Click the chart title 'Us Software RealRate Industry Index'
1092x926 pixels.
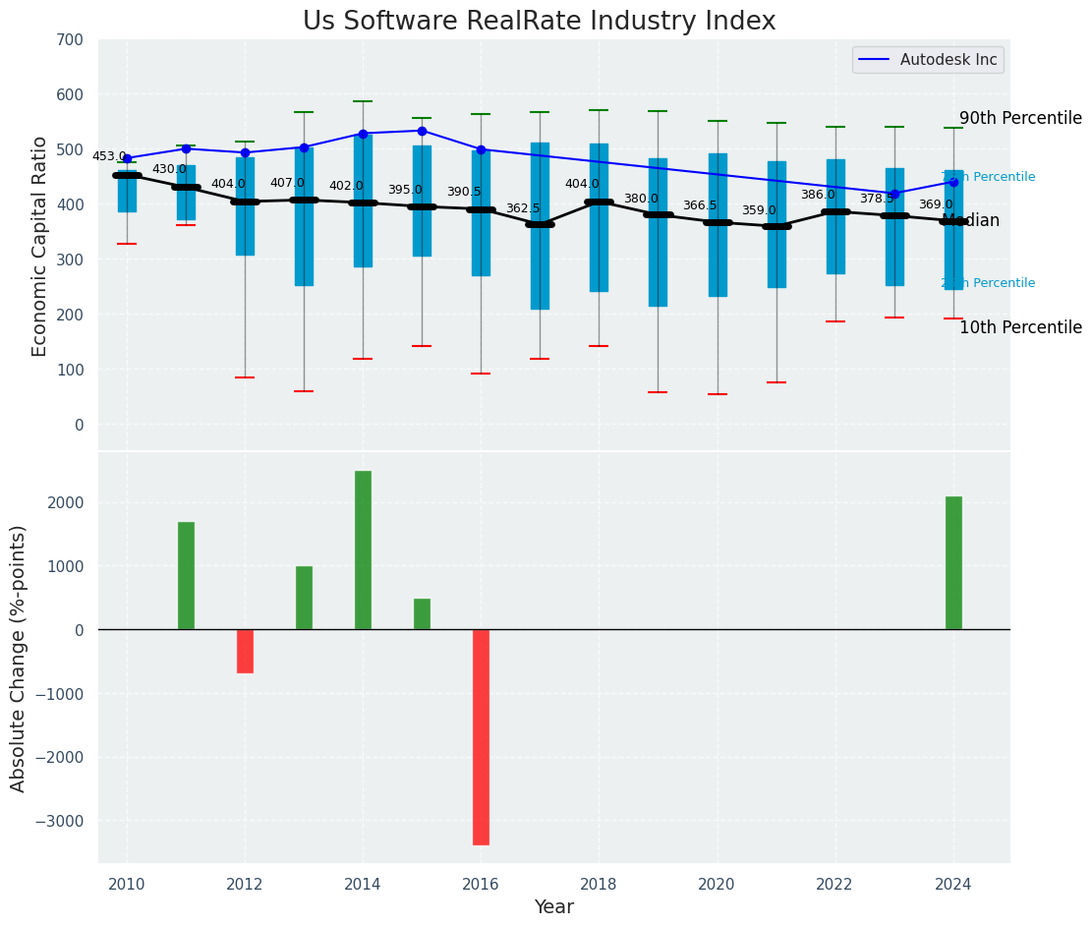(x=539, y=22)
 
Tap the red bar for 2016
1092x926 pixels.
(x=481, y=737)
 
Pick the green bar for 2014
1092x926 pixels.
(x=363, y=550)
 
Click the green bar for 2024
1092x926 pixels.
(x=953, y=563)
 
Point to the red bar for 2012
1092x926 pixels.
(x=245, y=651)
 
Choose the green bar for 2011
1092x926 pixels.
(x=186, y=576)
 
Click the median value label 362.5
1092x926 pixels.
(x=523, y=208)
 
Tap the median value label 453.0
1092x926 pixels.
(x=109, y=156)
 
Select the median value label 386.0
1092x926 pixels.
(x=818, y=195)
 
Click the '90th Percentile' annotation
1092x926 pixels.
(x=1020, y=119)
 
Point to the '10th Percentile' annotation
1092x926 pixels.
(x=1020, y=328)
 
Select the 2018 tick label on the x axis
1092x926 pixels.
(x=599, y=884)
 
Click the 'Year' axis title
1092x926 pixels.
(x=554, y=907)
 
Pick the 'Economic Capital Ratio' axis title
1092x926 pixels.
(x=40, y=246)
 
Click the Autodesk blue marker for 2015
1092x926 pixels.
(x=422, y=131)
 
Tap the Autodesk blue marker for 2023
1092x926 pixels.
(x=894, y=194)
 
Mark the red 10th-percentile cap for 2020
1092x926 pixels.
(x=718, y=394)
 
